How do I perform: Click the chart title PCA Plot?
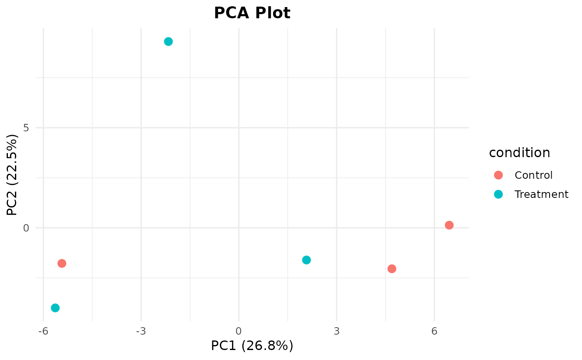(x=252, y=13)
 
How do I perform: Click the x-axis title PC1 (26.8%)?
(x=252, y=346)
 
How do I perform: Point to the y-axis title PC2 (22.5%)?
(x=12, y=175)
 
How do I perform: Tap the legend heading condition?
(x=519, y=153)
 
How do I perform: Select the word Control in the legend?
(x=533, y=175)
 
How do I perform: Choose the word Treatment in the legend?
(x=541, y=194)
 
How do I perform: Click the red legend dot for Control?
(x=498, y=175)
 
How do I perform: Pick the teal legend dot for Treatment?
(x=498, y=194)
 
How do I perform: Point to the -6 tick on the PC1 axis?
(x=43, y=331)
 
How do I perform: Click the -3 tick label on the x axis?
(x=141, y=331)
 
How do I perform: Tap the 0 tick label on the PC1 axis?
(x=239, y=331)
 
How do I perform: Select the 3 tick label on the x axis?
(x=336, y=331)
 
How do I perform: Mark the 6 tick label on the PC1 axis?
(x=434, y=331)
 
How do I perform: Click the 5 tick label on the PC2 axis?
(x=26, y=128)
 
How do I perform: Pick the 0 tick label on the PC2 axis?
(x=26, y=228)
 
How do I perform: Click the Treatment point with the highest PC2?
(x=168, y=42)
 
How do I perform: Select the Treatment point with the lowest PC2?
(x=55, y=308)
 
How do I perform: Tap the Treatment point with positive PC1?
(x=306, y=260)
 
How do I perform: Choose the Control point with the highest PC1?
(x=449, y=225)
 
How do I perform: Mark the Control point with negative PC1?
(x=62, y=264)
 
